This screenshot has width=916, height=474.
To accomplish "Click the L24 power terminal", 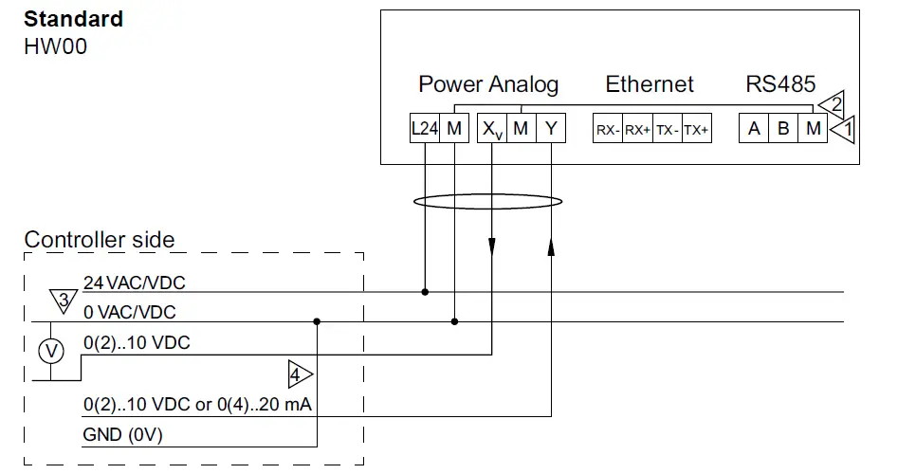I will click(x=424, y=129).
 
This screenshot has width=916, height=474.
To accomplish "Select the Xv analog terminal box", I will click(x=491, y=129).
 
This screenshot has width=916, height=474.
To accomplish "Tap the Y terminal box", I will click(x=550, y=129).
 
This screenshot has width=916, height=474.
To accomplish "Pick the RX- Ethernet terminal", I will click(x=607, y=130).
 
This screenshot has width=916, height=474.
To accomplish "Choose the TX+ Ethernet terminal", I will click(x=696, y=130).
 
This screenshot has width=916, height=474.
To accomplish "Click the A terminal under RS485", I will click(x=754, y=129).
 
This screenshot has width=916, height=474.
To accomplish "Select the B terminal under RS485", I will click(x=783, y=129).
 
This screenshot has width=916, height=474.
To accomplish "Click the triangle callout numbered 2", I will click(x=834, y=104).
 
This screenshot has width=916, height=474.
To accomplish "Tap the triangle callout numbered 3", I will click(x=63, y=301).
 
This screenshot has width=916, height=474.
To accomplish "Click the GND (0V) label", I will click(x=122, y=435).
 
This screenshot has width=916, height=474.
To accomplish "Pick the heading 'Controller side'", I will click(x=100, y=239).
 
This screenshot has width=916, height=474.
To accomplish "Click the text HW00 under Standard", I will click(x=55, y=46).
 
